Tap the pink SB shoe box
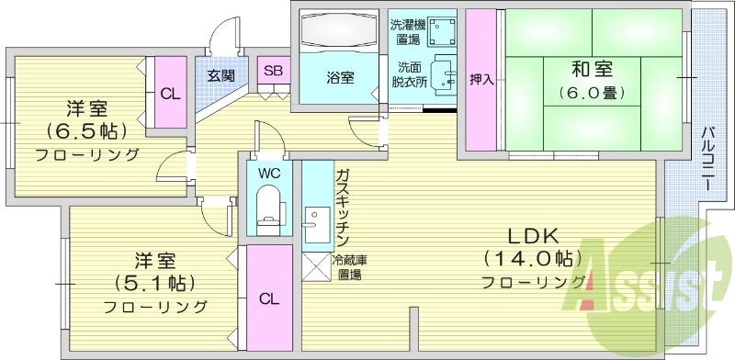(273, 71)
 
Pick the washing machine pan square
(443, 32)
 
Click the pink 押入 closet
(481, 81)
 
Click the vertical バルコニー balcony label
(708, 159)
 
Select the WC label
(269, 173)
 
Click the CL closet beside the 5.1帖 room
(268, 298)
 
